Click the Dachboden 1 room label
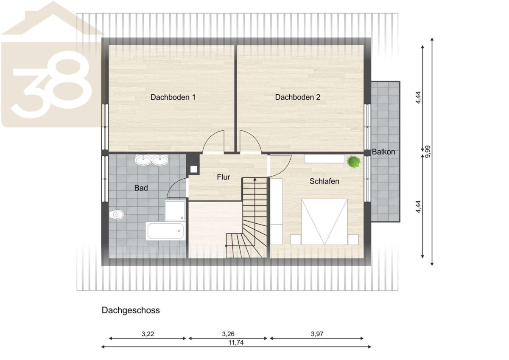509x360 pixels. coord(173,97)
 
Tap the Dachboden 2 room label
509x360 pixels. coord(298,97)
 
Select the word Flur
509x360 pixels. coord(224,177)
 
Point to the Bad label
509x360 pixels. coord(141,188)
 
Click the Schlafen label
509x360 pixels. coord(324,181)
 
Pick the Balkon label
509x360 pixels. coord(383,152)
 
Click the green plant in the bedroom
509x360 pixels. coord(354,162)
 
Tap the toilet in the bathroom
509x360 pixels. coord(116,214)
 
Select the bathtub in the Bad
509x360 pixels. coord(165,231)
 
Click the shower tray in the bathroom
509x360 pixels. coord(175,211)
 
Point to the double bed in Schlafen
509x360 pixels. coord(324,222)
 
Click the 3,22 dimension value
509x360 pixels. coord(148,334)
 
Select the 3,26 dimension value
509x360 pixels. coord(228,334)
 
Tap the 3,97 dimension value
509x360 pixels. coord(317,334)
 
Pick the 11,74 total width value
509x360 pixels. coord(236,342)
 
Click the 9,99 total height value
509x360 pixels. coord(428,152)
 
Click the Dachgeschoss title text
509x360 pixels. coord(131,310)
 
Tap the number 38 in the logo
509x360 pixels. coord(51,84)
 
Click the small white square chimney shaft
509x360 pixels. coord(193,169)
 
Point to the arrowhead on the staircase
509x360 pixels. coord(255,180)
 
